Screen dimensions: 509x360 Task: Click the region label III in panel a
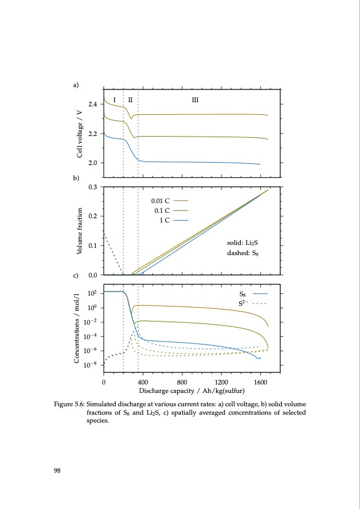[195, 99]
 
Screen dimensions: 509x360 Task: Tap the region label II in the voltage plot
[130, 99]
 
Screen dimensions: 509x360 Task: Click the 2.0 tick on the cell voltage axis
[93, 163]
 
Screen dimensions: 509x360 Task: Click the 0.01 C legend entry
[169, 199]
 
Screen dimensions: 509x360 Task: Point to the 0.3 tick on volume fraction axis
[93, 187]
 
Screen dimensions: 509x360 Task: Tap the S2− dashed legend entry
[253, 302]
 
